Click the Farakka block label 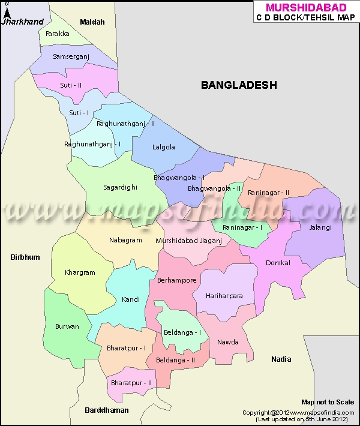click(57, 34)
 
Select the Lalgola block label click(164, 146)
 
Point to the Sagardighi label click(120, 187)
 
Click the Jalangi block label click(320, 227)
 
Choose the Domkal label click(278, 263)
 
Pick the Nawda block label click(228, 342)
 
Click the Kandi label click(130, 299)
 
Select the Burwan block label click(67, 326)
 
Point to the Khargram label click(80, 272)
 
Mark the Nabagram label click(125, 240)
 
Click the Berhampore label click(176, 280)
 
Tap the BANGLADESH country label click(239, 85)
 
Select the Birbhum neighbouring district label click(25, 257)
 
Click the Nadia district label click(281, 359)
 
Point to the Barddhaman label click(107, 410)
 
